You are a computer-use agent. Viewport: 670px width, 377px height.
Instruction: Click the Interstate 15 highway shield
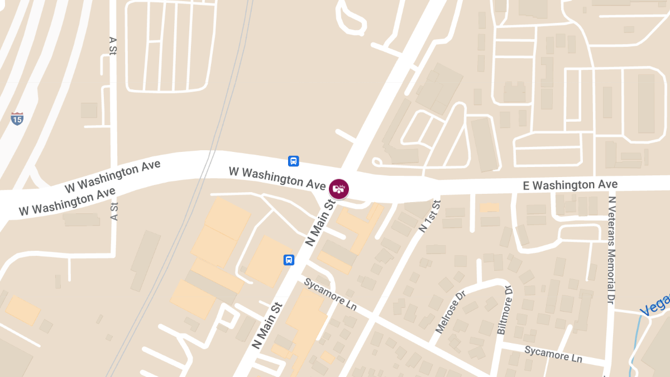tap(17, 118)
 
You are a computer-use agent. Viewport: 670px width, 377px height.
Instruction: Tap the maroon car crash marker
tap(338, 189)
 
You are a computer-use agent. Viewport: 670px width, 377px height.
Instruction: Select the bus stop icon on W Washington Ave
tap(293, 161)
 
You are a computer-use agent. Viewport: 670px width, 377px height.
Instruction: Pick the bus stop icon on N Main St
tap(289, 260)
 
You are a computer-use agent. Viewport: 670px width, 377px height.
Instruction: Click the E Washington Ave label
tap(570, 185)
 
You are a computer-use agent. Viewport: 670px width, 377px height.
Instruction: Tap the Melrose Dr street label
tap(449, 312)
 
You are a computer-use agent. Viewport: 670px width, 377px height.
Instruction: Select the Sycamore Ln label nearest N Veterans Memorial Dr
tap(553, 354)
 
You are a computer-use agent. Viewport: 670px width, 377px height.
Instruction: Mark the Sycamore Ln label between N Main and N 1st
tap(330, 294)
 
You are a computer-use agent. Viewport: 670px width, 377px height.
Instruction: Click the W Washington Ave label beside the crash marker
tap(277, 176)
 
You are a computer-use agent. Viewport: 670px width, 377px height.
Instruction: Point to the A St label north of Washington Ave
tap(113, 47)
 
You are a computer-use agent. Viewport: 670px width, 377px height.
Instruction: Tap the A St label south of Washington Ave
tap(114, 211)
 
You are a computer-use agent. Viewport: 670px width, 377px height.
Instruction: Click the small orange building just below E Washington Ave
tap(490, 207)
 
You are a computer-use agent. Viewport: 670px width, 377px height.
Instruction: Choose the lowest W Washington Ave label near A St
tap(67, 202)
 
